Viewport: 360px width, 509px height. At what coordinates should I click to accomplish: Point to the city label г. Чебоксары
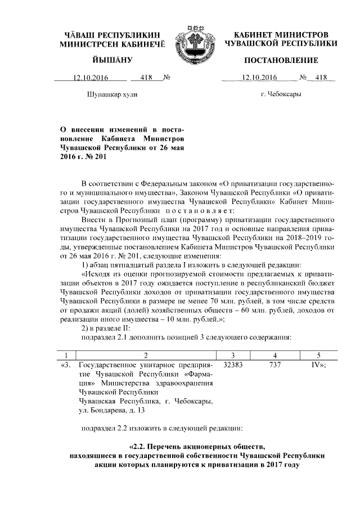(281, 93)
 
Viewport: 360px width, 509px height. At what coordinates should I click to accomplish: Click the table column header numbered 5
(318, 355)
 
